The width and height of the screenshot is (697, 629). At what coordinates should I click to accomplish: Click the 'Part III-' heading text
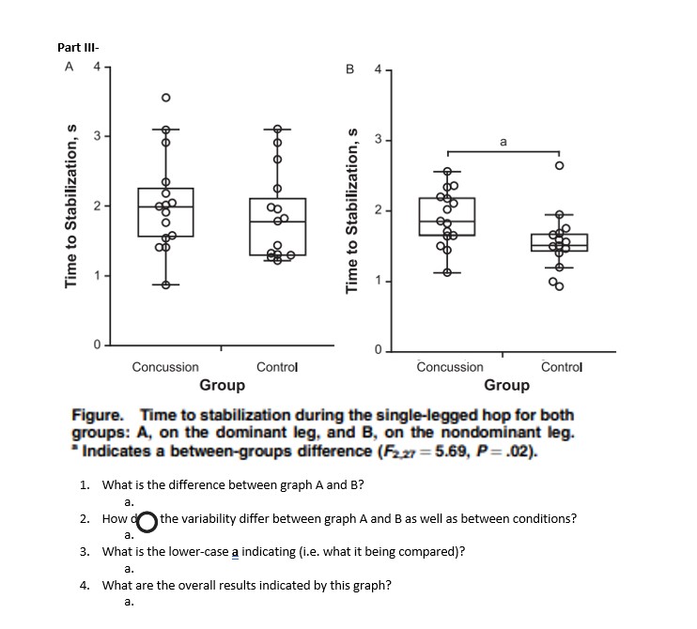tap(79, 48)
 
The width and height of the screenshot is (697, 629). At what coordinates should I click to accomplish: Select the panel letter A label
tap(68, 67)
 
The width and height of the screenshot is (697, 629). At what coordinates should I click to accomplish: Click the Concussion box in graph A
tap(165, 212)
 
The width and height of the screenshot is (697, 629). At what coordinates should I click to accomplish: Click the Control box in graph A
tap(277, 226)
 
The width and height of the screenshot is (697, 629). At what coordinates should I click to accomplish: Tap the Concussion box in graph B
tap(447, 216)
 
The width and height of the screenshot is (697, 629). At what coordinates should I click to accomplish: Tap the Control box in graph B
tap(559, 242)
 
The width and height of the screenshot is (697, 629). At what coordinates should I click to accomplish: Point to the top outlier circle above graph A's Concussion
tap(165, 97)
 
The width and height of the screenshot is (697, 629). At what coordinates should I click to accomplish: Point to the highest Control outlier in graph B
tap(559, 165)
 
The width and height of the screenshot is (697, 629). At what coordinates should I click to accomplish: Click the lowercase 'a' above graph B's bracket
tap(503, 142)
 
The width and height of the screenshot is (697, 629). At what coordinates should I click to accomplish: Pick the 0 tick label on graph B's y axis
tap(378, 351)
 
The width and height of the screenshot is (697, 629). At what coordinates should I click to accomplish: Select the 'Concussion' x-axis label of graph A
tap(165, 367)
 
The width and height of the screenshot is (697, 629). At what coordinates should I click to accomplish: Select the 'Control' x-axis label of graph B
tap(562, 367)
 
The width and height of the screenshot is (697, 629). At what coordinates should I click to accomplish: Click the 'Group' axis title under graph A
tap(222, 385)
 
